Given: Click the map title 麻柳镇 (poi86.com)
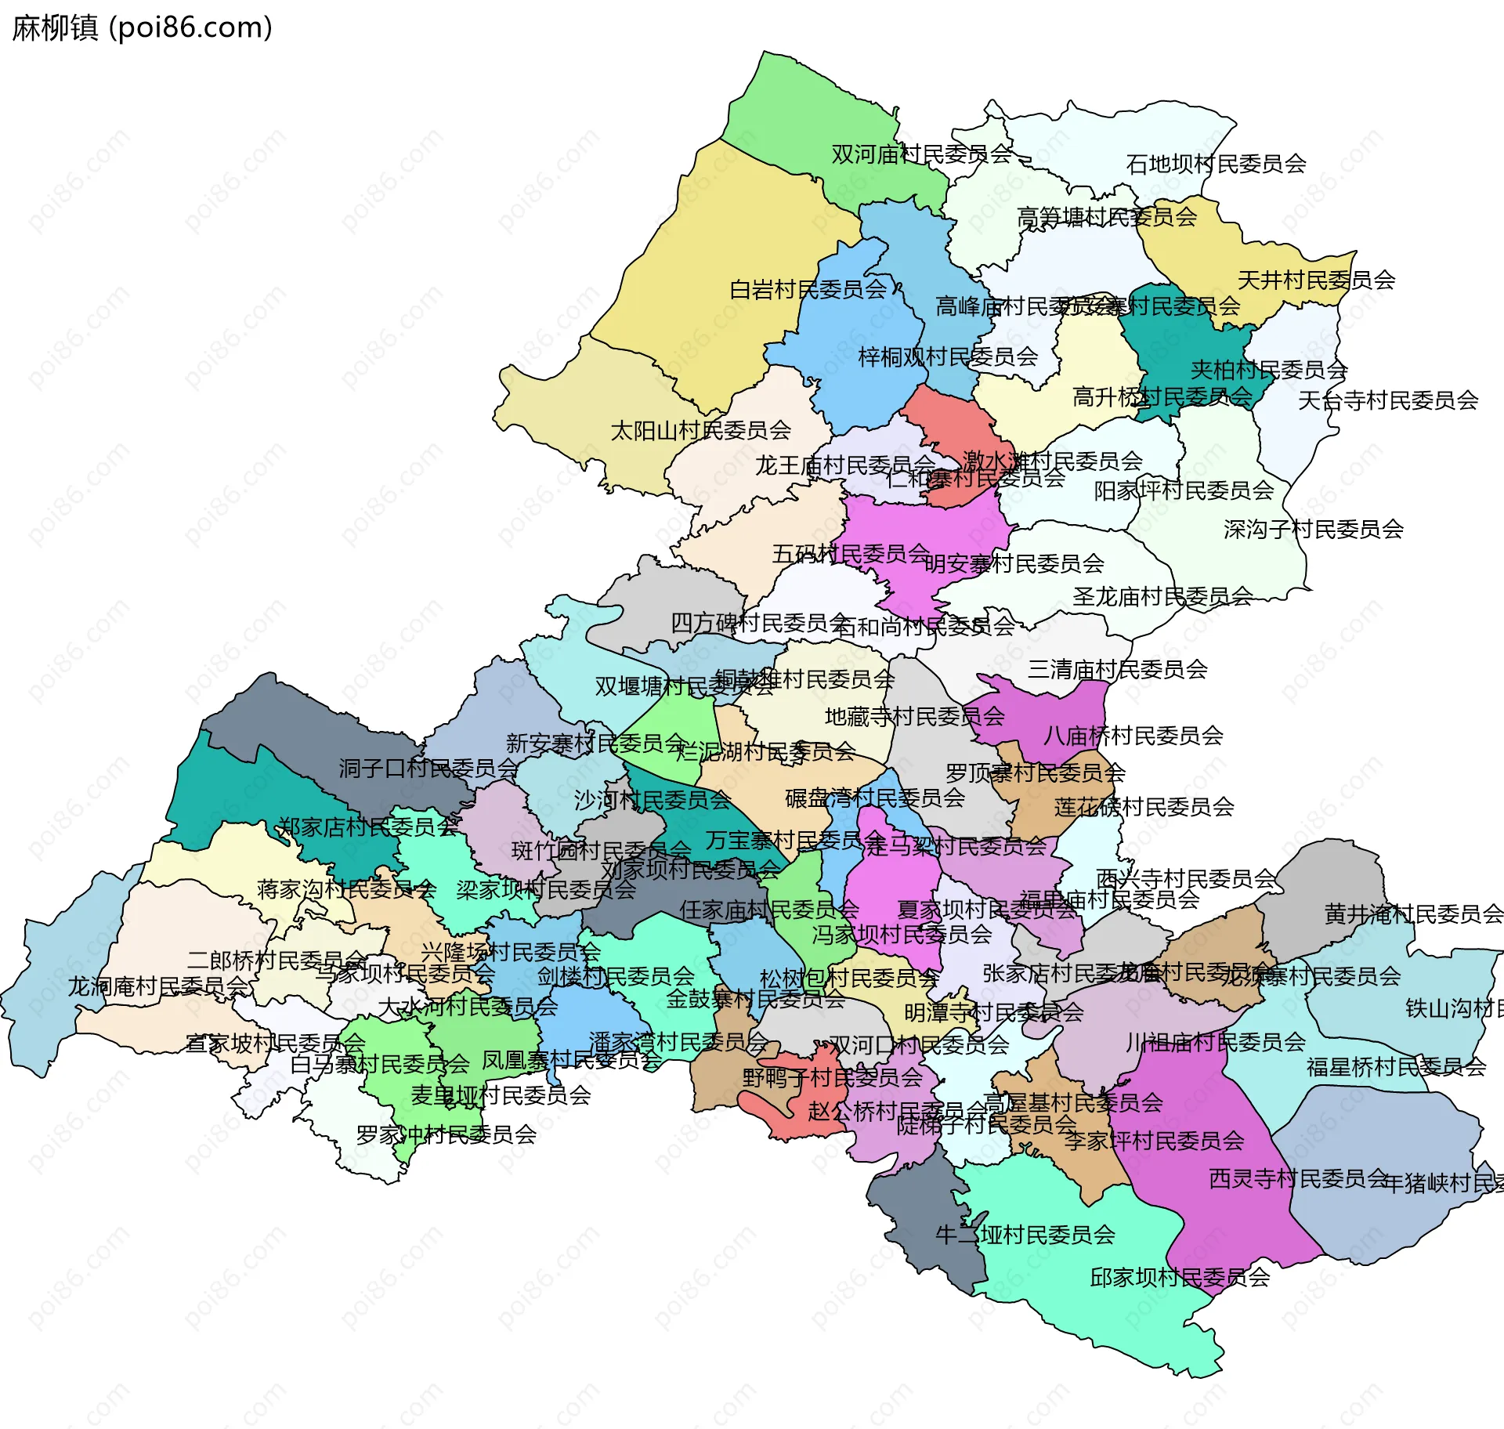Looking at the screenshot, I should point(142,27).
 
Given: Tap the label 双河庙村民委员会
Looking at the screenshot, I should point(921,154).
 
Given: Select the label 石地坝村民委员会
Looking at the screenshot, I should point(1216,164).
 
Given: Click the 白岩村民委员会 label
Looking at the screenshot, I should point(808,290).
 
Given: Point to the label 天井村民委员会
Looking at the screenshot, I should point(1316,280).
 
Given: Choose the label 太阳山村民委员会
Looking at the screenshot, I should point(700,430).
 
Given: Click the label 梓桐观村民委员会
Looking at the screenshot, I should point(948,357).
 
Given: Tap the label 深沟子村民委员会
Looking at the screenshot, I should point(1313,530).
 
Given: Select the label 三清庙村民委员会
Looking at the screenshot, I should point(1117,669).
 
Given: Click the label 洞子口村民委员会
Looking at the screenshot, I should point(428,769).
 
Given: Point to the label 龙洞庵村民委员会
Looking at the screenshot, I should point(158,986).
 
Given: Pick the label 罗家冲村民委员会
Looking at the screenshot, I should point(446,1134).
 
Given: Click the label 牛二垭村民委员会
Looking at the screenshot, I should point(1025,1235).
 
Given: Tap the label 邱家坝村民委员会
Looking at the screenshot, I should point(1179,1278).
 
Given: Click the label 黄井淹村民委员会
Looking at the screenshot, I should point(1413,913).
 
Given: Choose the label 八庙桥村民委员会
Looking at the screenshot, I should point(1133,736).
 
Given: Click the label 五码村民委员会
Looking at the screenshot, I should point(851,554).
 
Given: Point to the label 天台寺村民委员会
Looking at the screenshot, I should point(1387,400).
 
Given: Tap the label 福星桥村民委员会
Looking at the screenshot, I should point(1396,1066).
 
